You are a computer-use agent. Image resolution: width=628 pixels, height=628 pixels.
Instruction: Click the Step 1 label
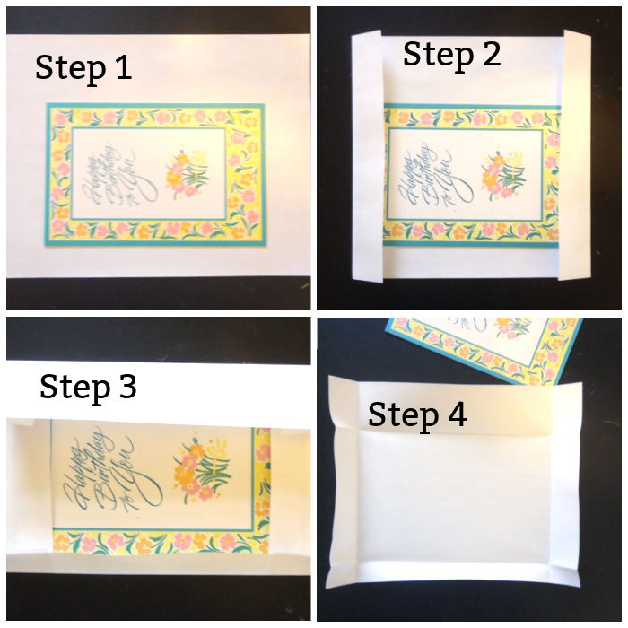coord(83,68)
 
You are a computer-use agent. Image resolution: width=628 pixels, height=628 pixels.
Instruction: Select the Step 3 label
coord(88,387)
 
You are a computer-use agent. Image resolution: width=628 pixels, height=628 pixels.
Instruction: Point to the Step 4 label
coord(417,414)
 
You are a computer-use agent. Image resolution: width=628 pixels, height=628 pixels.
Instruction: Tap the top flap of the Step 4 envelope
coord(458,390)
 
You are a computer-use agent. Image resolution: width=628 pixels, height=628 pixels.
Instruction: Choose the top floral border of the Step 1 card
coord(153,118)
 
